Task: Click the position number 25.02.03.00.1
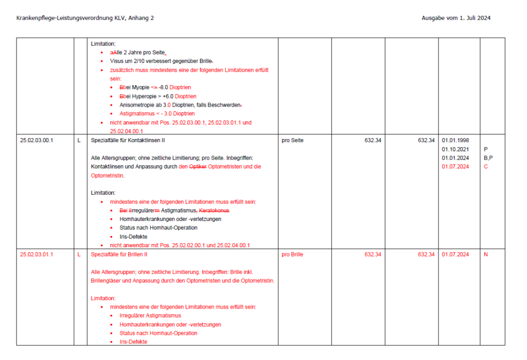click(37, 140)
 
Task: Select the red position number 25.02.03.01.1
click(37, 254)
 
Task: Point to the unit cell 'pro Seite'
click(293, 140)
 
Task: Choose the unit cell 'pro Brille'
click(293, 254)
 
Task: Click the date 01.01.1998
click(455, 140)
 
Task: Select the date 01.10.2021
click(455, 149)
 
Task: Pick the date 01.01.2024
click(455, 158)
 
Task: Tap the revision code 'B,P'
click(488, 158)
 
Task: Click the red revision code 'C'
click(486, 166)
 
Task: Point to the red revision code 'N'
click(486, 254)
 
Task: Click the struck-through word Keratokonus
click(214, 211)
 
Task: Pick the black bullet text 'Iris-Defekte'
click(133, 237)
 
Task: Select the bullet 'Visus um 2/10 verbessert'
click(154, 61)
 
